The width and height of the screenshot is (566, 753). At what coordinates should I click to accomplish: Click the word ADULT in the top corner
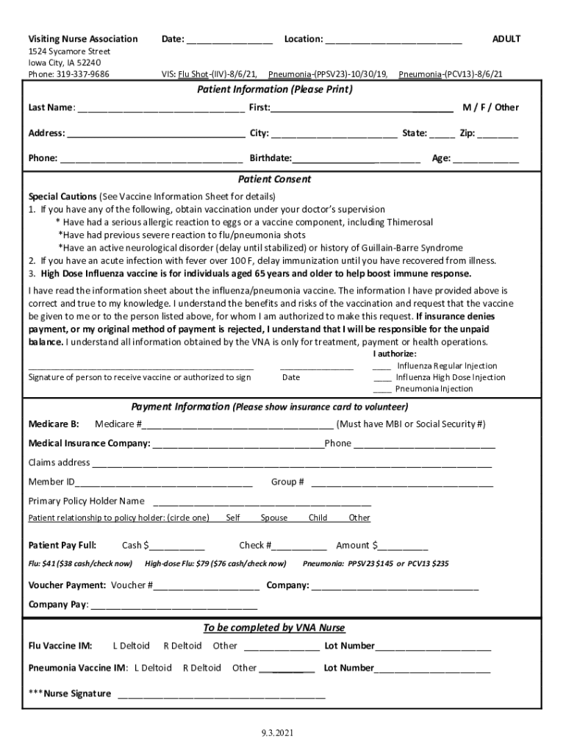point(506,39)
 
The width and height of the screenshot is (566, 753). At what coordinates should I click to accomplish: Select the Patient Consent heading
point(274,179)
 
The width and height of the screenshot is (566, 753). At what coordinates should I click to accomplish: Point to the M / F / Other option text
point(490,107)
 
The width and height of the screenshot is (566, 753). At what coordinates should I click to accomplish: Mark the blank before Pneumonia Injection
point(381,390)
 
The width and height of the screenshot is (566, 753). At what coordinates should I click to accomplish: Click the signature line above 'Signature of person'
point(140,366)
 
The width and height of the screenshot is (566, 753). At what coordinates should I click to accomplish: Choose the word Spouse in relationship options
point(274,518)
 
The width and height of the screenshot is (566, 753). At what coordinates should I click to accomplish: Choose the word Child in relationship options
point(318,518)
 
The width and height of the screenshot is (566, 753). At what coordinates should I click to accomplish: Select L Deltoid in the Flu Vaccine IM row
point(132,646)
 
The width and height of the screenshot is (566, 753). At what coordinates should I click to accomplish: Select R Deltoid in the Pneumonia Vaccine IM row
point(201,668)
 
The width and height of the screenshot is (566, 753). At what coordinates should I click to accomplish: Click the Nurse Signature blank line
point(221,695)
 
